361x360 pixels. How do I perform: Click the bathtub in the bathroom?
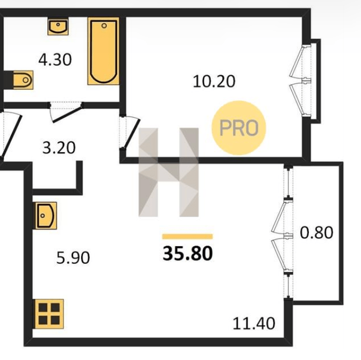(x=104, y=51)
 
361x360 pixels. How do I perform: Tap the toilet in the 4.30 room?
(x=23, y=80)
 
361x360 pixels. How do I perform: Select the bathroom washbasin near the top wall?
(x=58, y=26)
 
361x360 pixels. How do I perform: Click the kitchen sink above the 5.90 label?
(x=46, y=215)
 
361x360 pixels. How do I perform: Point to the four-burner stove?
(x=49, y=314)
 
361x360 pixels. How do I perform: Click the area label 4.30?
(x=55, y=60)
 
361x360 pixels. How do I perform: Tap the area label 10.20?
(x=214, y=81)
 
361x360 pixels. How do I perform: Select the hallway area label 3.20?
(x=59, y=148)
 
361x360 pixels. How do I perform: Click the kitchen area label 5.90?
(x=73, y=258)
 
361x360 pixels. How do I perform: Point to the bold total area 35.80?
(x=188, y=253)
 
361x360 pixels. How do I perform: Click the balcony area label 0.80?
(x=316, y=233)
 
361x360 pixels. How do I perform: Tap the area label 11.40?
(x=254, y=323)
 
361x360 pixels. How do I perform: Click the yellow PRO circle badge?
(x=239, y=128)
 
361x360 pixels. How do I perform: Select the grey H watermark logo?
(x=168, y=172)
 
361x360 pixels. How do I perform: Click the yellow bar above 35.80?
(x=187, y=236)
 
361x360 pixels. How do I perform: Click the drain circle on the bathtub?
(x=104, y=26)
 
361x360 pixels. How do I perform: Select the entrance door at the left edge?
(x=10, y=135)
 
